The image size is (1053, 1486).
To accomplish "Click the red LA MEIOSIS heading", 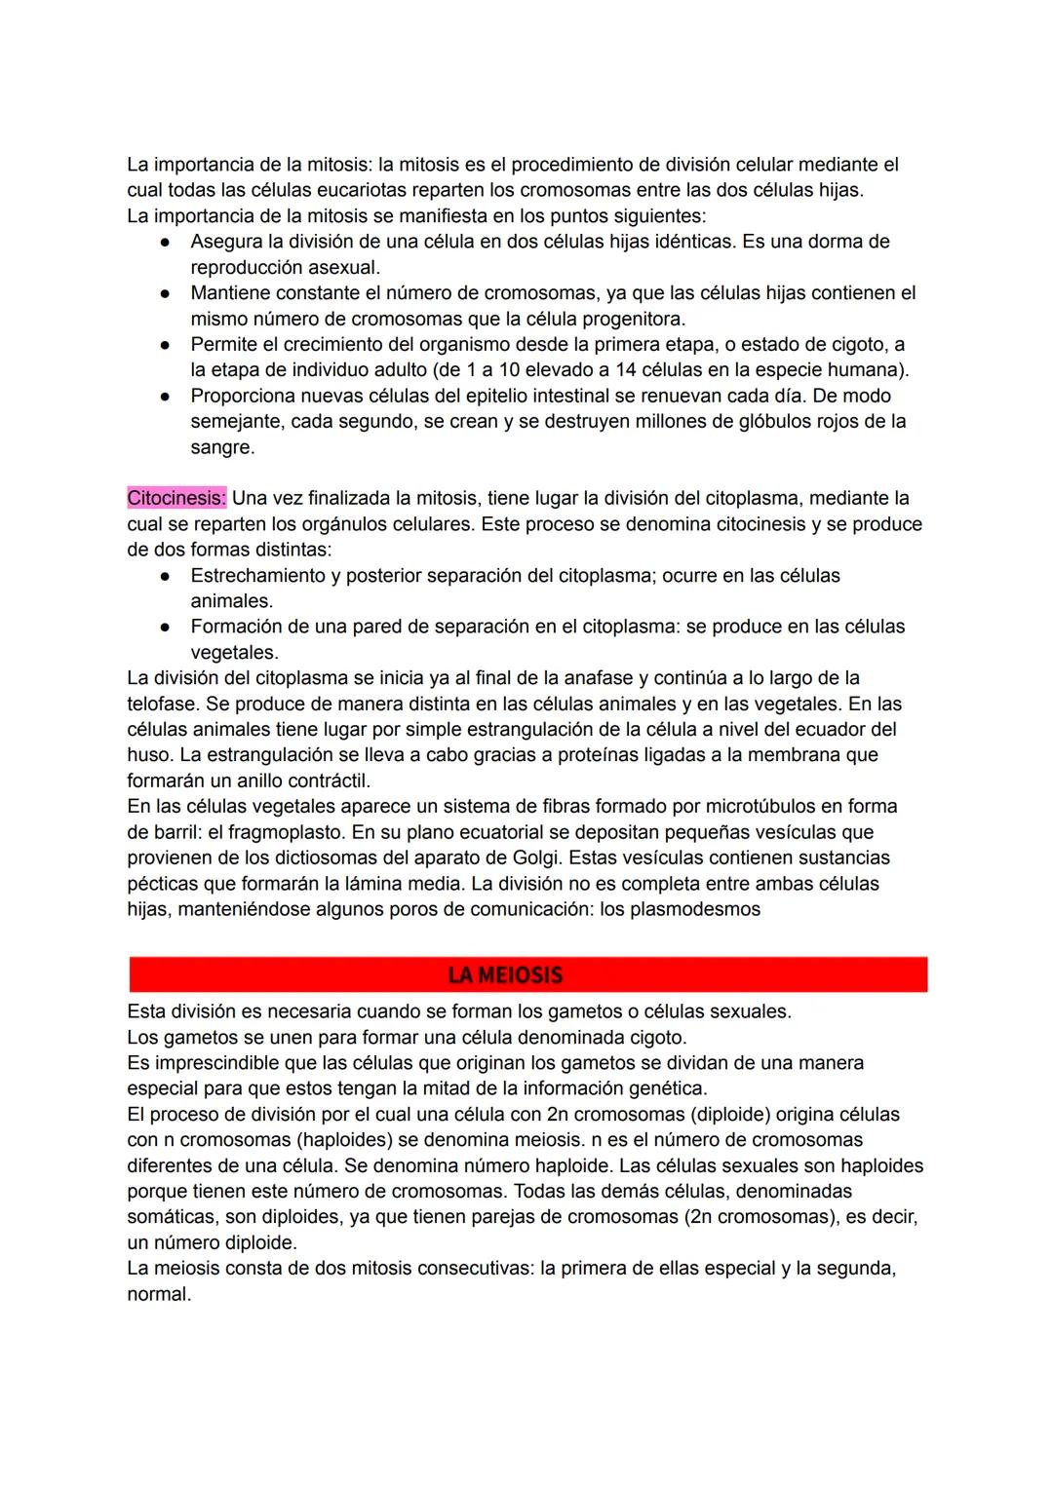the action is pyautogui.click(x=505, y=974).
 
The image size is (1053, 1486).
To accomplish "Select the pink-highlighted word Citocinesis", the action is pyautogui.click(x=175, y=498).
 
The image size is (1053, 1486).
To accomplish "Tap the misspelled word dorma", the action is pyautogui.click(x=837, y=241).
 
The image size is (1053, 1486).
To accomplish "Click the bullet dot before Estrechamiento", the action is pyautogui.click(x=167, y=576).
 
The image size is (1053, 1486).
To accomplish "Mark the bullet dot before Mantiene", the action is pyautogui.click(x=167, y=292).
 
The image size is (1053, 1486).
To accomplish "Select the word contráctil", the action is pyautogui.click(x=325, y=781).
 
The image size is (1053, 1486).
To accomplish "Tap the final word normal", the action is pyautogui.click(x=158, y=1294).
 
